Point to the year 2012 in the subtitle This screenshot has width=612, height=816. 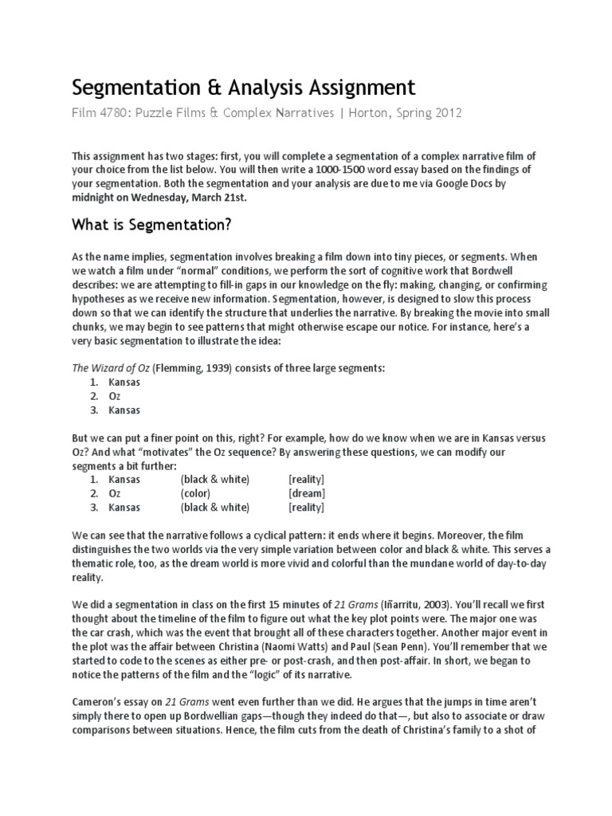[446, 113]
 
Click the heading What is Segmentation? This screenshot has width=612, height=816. [151, 226]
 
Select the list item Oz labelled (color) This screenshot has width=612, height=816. [116, 493]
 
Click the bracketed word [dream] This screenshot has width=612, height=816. [307, 493]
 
